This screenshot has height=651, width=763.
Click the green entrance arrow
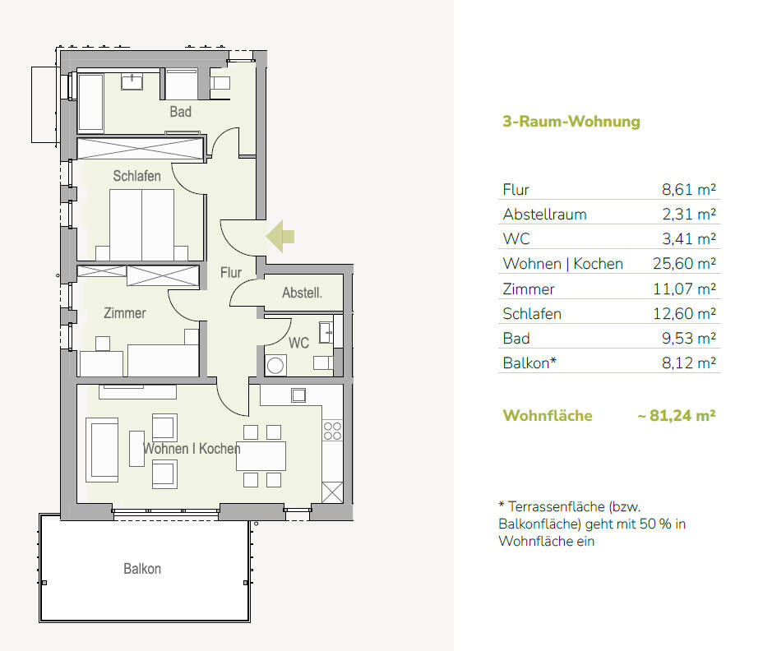280,237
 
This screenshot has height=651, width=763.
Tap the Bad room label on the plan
181,112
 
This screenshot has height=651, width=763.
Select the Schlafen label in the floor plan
136,176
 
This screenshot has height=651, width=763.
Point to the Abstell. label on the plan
303,293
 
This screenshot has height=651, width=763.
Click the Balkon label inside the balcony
142,569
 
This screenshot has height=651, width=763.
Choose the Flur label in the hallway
231,272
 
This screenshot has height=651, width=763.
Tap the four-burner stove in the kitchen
332,431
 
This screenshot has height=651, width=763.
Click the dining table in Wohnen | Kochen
261,456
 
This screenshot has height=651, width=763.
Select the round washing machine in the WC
275,366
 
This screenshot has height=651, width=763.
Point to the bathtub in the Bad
90,103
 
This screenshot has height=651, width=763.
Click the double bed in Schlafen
141,224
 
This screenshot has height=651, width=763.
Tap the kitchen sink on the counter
298,395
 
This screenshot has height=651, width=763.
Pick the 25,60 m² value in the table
684,264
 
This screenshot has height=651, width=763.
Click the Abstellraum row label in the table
544,215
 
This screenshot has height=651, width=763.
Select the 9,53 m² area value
688,338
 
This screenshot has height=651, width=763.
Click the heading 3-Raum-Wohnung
571,121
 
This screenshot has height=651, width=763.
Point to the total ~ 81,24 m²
677,416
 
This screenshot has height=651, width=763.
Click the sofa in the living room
102,450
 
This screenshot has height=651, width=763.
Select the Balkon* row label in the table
529,363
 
